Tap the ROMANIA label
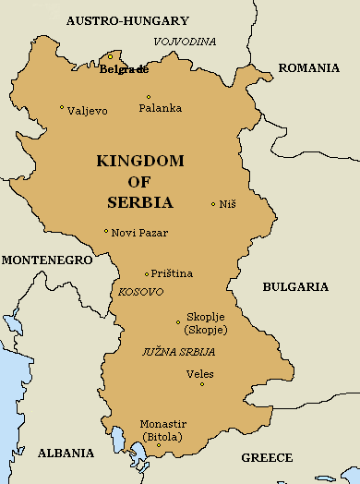pos(309,67)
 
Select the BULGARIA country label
pos(295,286)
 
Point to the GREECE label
pos(267,457)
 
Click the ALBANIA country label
pos(66,453)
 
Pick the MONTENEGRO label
pos(46,260)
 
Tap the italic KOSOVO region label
pos(141,292)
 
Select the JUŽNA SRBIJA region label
pos(178,352)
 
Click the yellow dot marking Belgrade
pos(110,56)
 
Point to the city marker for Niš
pos(213,204)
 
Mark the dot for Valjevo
pos(62,108)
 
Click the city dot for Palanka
pos(149,97)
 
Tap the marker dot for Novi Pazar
pos(106,232)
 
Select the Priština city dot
pos(147,273)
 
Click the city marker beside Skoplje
pos(178,322)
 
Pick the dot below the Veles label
pos(201,384)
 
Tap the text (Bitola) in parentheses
pos(161,436)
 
